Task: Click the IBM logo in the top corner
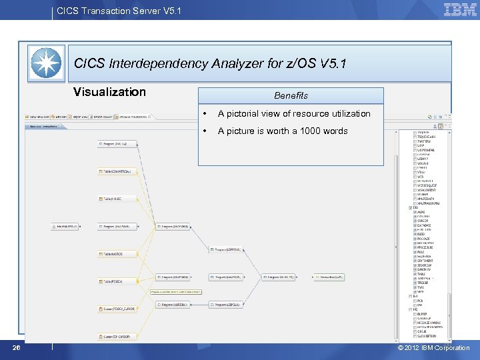click(460, 9)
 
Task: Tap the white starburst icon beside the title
click(47, 63)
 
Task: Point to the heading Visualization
click(109, 92)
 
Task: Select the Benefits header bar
click(291, 95)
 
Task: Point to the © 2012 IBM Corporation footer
click(433, 347)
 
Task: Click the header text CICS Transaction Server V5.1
click(119, 11)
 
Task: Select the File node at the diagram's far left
click(65, 227)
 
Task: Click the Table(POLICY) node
click(113, 281)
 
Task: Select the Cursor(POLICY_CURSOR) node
click(118, 309)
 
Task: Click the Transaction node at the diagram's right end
click(329, 277)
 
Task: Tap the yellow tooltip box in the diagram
click(176, 291)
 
